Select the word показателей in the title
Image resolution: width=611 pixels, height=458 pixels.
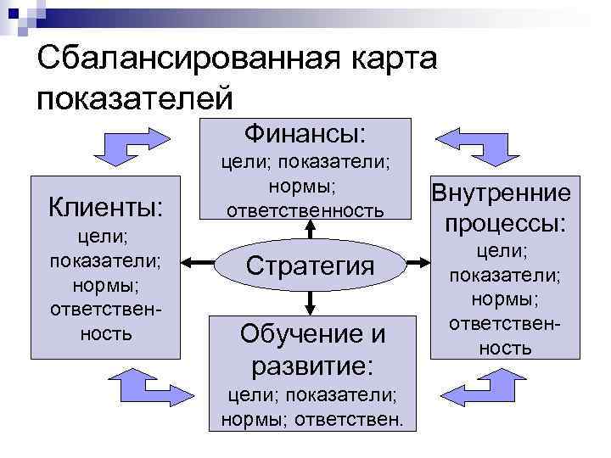[134, 96]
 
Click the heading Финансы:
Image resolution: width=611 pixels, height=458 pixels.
[305, 134]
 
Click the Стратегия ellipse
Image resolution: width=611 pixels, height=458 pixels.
[311, 265]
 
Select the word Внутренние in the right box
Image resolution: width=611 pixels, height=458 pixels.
[501, 193]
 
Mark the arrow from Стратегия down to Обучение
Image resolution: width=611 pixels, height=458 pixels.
[311, 300]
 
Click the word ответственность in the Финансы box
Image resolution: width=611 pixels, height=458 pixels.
[311, 209]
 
